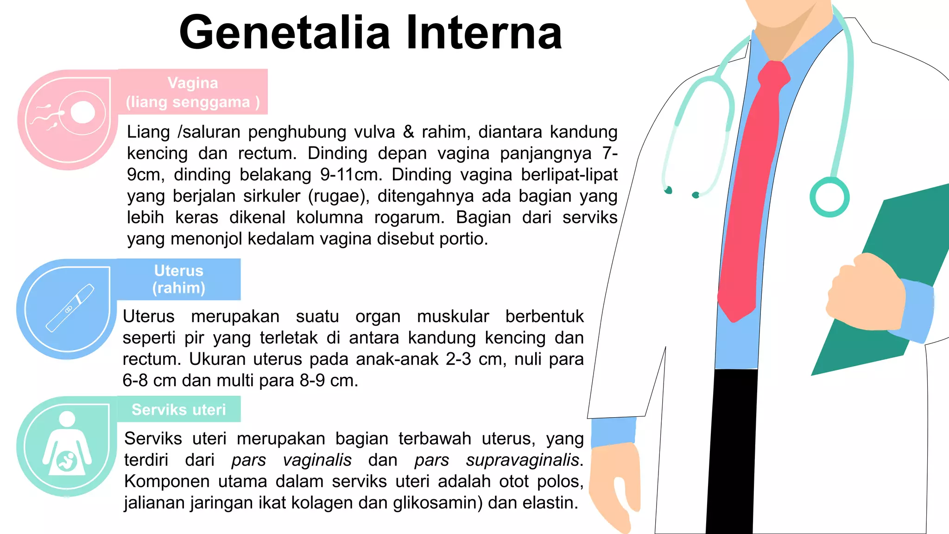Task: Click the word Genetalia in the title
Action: (x=285, y=32)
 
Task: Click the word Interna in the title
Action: (x=484, y=32)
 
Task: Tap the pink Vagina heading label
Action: (x=193, y=92)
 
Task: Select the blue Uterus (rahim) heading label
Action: (x=179, y=279)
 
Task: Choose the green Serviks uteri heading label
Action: (x=179, y=409)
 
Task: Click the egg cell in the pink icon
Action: (x=82, y=112)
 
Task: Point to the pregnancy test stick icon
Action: (x=70, y=308)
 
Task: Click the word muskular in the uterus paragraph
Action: (x=453, y=317)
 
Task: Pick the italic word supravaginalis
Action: (x=522, y=460)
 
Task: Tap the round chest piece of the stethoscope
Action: (x=829, y=197)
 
